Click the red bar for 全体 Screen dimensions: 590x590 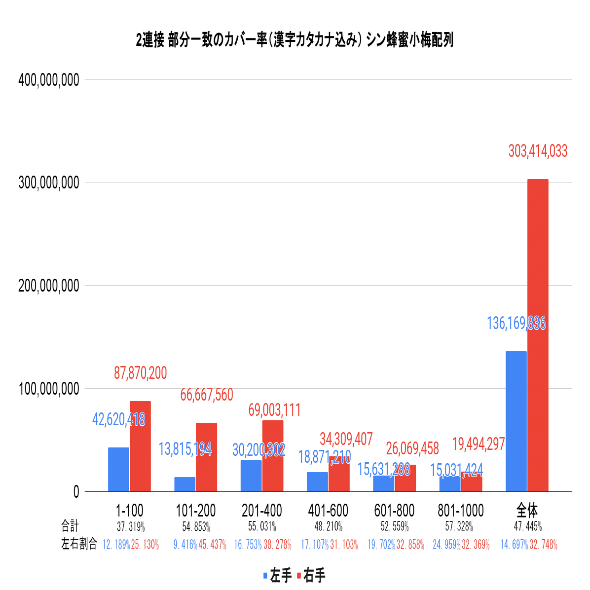[x=538, y=335]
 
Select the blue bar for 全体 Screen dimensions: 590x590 [x=516, y=421]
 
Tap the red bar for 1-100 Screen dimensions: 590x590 [x=141, y=446]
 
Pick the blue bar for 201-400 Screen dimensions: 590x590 [x=251, y=476]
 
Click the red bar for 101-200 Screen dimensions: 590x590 [x=207, y=457]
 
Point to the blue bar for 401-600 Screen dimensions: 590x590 [x=317, y=481]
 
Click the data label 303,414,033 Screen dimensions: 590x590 [x=538, y=151]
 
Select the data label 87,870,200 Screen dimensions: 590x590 [x=141, y=373]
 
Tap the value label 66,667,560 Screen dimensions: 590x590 [x=207, y=395]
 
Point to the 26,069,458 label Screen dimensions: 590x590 [x=412, y=448]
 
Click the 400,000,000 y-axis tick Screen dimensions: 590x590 [x=49, y=80]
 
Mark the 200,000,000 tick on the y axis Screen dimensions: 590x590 [x=49, y=286]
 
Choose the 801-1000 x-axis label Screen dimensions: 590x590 [x=461, y=511]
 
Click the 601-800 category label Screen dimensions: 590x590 [x=394, y=511]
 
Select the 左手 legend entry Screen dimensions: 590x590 [x=277, y=576]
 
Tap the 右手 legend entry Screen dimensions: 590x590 [x=311, y=576]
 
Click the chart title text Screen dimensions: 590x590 [x=295, y=40]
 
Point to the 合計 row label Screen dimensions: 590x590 [x=70, y=526]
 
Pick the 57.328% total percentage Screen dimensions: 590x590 [x=459, y=526]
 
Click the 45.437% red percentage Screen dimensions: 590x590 [x=212, y=545]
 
